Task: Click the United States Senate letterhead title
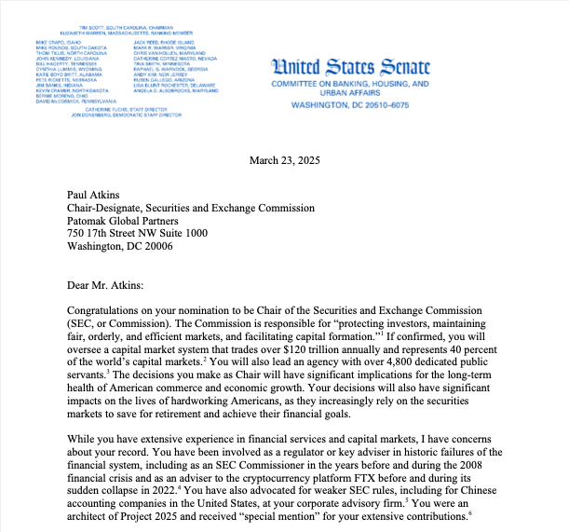tap(350, 68)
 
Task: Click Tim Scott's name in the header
tap(91, 28)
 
